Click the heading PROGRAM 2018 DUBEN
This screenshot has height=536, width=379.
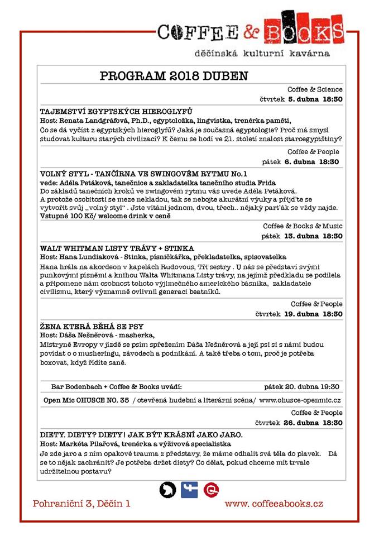tap(174, 76)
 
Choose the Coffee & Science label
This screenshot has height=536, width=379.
tap(315, 89)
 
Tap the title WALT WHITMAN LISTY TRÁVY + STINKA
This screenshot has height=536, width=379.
tap(117, 247)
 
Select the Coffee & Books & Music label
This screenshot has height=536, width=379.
tap(303, 226)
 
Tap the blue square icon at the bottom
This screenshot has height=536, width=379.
tap(189, 490)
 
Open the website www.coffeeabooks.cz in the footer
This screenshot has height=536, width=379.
tap(274, 504)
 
